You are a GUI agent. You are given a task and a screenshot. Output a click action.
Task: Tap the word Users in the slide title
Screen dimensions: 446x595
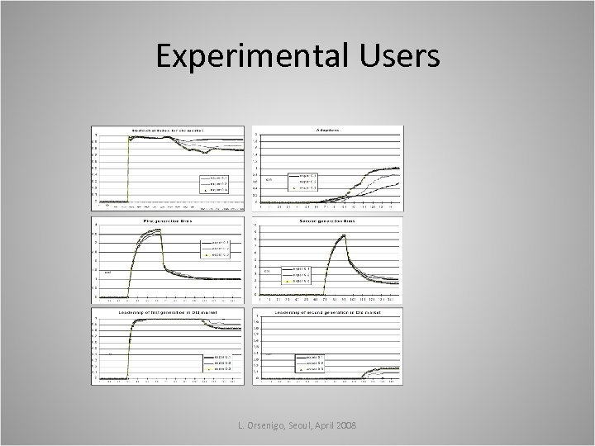pyautogui.click(x=401, y=57)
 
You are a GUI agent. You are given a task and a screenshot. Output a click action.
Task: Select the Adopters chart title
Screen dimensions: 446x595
pyautogui.click(x=328, y=130)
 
